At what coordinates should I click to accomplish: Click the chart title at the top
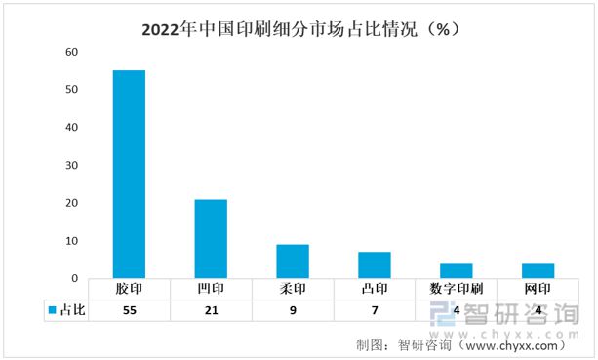pos(299,28)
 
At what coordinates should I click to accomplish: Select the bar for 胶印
pos(130,174)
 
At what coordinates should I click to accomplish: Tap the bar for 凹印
pos(211,239)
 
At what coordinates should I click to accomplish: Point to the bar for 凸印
pos(375,265)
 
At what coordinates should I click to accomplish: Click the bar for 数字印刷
pos(456,271)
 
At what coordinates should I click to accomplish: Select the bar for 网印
pos(538,271)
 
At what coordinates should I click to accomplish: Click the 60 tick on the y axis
pos(71,52)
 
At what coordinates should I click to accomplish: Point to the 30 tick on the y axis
pos(71,165)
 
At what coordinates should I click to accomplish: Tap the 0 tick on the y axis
pos(74,279)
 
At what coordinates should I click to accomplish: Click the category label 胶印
pos(130,290)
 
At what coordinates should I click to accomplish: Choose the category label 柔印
pos(293,290)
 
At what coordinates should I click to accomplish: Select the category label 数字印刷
pos(456,290)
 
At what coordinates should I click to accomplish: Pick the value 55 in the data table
pos(130,310)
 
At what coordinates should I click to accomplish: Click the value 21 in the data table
pos(211,310)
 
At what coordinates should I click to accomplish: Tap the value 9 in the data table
pos(293,310)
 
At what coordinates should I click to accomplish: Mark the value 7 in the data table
pos(375,310)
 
